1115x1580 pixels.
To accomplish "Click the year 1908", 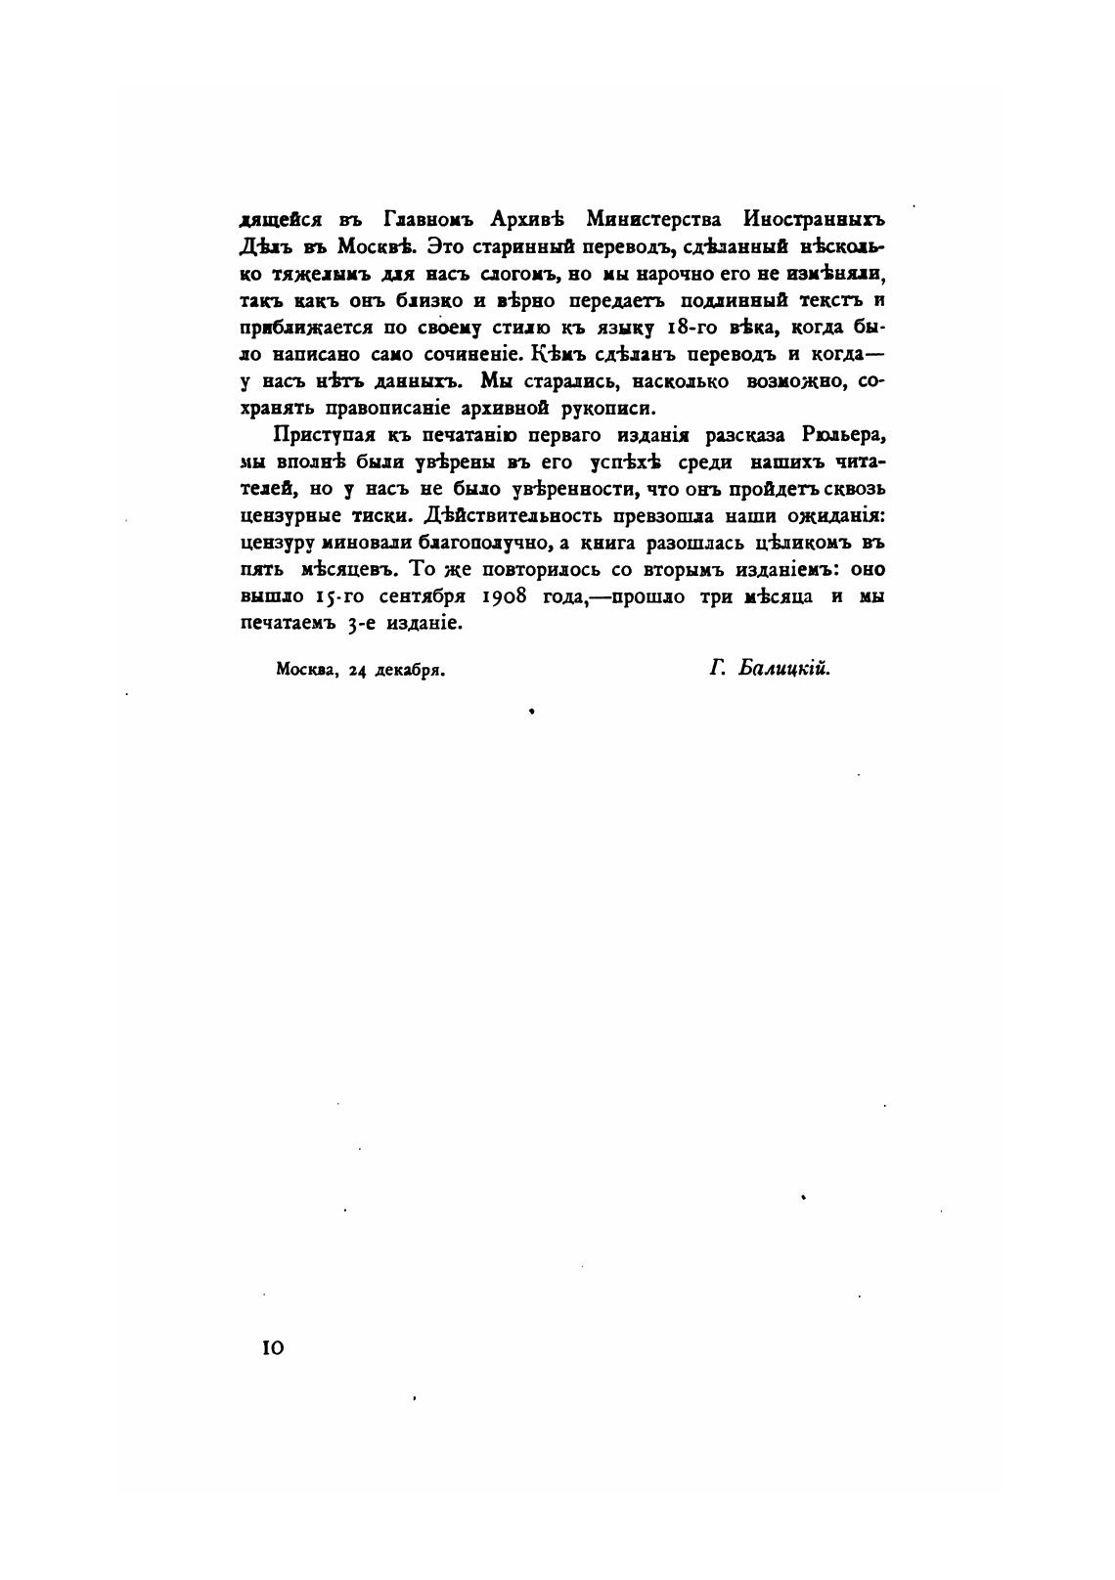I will click(509, 596).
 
